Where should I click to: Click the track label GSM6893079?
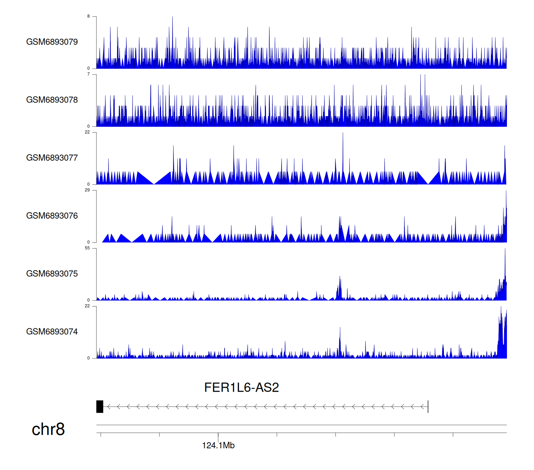click(52, 42)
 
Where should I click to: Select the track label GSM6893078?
click(52, 100)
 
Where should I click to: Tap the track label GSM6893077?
click(52, 158)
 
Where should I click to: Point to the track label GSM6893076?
click(52, 216)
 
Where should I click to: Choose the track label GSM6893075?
click(52, 274)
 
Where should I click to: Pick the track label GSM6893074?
click(52, 332)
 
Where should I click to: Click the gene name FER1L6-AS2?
click(241, 387)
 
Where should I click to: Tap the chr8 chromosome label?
click(48, 429)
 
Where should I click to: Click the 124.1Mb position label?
click(218, 445)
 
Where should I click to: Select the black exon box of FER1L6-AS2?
click(100, 407)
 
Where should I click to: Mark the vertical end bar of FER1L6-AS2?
click(428, 407)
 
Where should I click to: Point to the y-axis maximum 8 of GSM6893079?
click(89, 16)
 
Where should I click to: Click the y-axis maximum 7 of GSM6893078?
click(89, 74)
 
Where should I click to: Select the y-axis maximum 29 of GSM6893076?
click(87, 190)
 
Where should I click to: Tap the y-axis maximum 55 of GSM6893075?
click(87, 248)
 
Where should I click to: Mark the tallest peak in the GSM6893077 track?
click(343, 134)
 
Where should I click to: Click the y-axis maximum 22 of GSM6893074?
click(87, 306)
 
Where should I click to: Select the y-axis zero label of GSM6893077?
click(89, 184)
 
